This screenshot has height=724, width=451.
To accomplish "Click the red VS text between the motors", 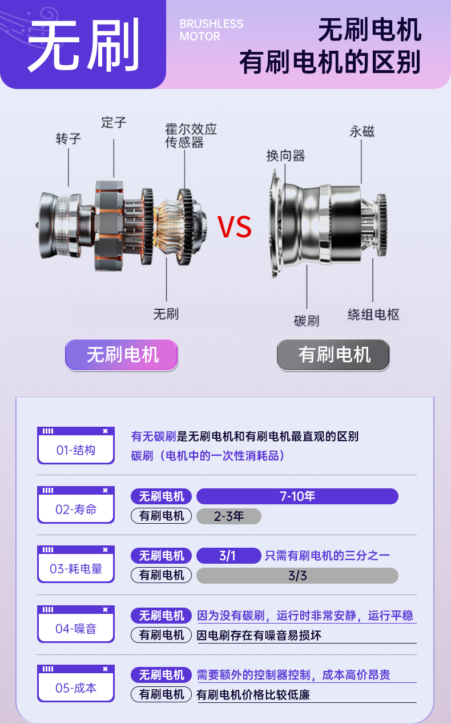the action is point(235,227).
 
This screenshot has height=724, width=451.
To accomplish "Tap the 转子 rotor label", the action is point(69,139).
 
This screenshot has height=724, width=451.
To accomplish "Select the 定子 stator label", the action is point(114,122).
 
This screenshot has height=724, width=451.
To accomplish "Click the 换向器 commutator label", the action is point(285,155).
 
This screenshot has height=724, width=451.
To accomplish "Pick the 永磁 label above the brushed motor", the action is point(362,132).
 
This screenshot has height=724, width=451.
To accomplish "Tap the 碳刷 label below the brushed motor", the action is point(307,321).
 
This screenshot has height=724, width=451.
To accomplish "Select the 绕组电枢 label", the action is point(373,314).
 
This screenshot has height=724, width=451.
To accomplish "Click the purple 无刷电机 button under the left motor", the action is point(122,354).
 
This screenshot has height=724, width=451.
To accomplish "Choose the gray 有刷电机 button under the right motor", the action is point(333,354).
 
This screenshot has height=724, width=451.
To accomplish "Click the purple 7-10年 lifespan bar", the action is point(297,496).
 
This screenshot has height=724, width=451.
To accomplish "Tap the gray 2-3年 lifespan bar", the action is point(228,516).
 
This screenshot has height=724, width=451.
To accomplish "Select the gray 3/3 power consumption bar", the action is point(297,576).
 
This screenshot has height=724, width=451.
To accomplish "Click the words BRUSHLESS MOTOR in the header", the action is point(211,30).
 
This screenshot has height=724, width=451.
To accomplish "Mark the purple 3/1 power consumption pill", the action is point(228,556).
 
